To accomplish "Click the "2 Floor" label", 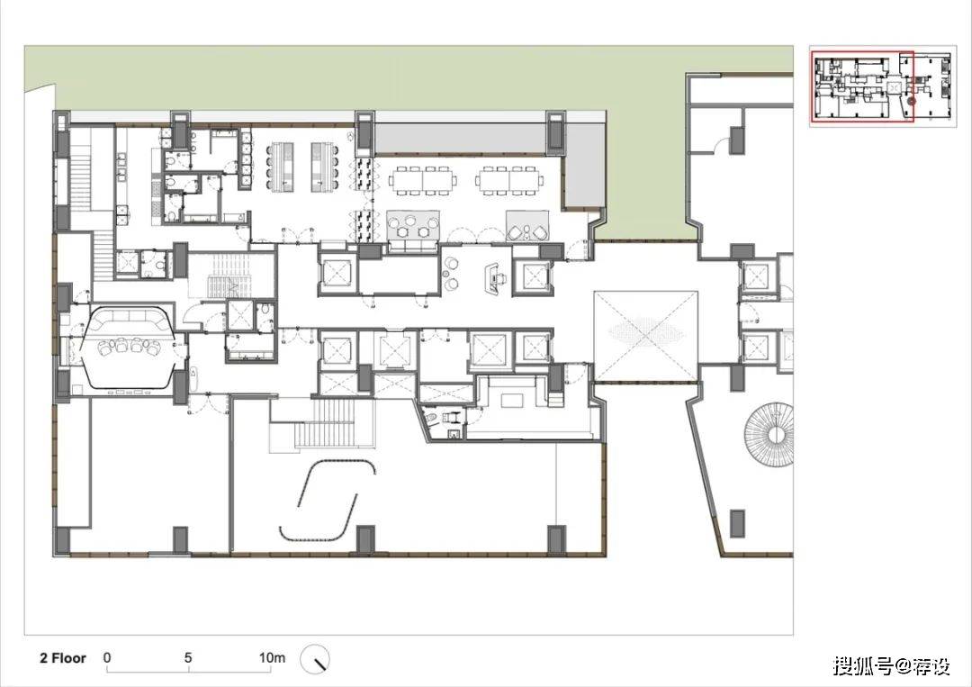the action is [x=63, y=658].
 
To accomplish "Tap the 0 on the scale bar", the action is [x=107, y=658].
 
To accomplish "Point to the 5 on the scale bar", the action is [x=188, y=658].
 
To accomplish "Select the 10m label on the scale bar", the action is [x=272, y=658].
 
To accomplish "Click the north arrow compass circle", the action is [x=316, y=659].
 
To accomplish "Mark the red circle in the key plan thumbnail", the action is [x=911, y=101].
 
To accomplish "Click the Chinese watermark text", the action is [x=891, y=666].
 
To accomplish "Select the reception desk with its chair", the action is [x=495, y=276].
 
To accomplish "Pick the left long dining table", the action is [x=423, y=180].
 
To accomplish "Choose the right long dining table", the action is [x=510, y=180].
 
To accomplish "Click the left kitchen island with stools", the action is [x=281, y=166].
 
